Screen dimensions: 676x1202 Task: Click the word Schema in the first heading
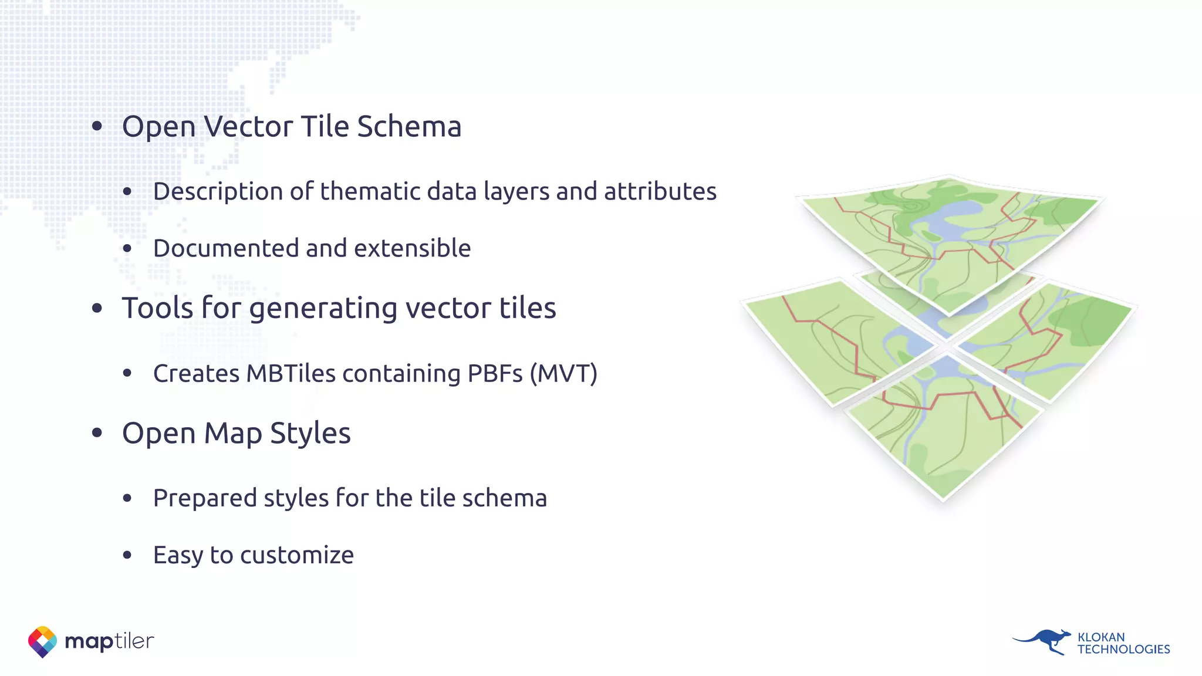click(x=409, y=127)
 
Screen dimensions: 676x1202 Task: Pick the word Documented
click(x=225, y=248)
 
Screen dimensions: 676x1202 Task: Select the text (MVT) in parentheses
click(x=563, y=373)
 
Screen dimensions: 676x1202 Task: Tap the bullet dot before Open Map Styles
click(x=97, y=433)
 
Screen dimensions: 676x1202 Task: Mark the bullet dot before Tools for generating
click(x=97, y=307)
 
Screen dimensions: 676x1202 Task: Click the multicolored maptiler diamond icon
click(x=42, y=641)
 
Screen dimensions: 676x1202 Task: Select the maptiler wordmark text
click(x=109, y=641)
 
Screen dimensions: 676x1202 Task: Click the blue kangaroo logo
click(x=1044, y=641)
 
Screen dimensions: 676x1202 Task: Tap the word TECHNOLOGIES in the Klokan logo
click(x=1123, y=650)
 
